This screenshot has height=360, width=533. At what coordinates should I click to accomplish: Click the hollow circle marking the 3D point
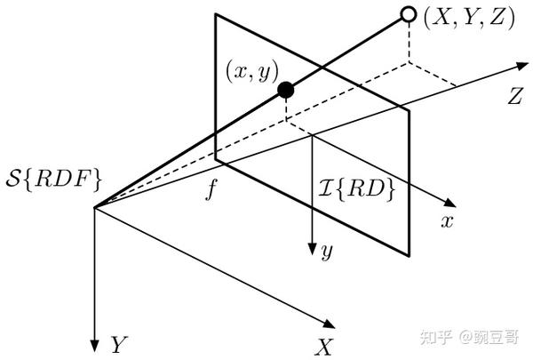click(409, 14)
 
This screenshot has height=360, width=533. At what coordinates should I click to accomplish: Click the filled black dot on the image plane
click(285, 89)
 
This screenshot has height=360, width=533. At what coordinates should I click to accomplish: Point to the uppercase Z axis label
click(513, 98)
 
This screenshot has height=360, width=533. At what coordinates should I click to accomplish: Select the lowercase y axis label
click(327, 252)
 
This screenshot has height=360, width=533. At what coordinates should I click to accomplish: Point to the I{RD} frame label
click(355, 188)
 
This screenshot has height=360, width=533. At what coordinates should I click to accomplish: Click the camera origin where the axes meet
click(93, 207)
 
